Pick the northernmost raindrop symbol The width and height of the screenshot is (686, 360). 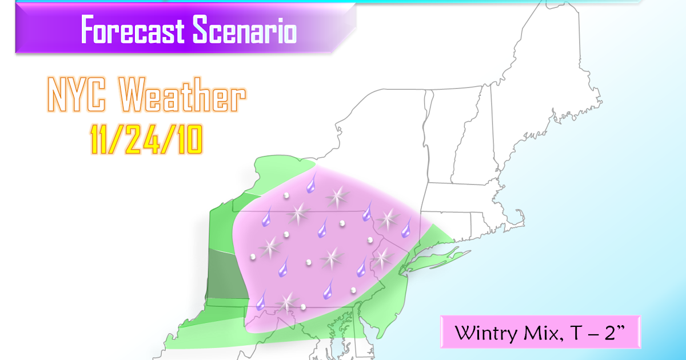311,184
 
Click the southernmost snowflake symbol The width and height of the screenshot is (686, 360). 288,301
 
